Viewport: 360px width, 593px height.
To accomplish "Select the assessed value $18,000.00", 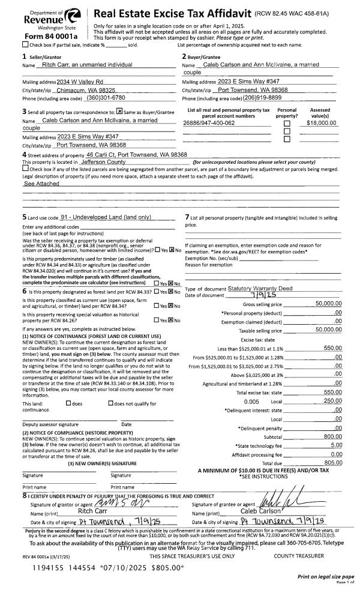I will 321,122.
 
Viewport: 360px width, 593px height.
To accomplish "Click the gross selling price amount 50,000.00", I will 328,304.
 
